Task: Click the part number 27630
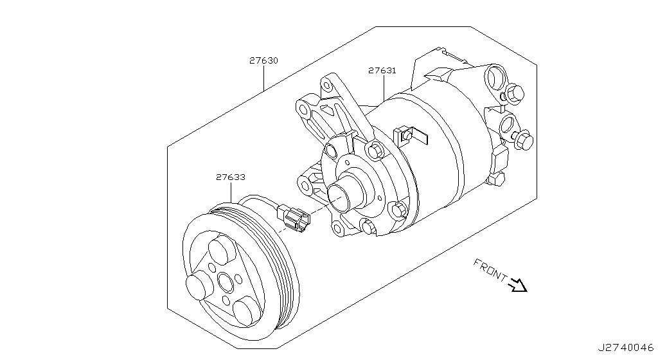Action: point(263,60)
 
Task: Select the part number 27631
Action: point(382,71)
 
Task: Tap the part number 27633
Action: point(231,177)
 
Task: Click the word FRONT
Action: point(490,270)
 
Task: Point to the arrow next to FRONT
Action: point(518,285)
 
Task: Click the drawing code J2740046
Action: point(626,348)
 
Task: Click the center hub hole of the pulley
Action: point(226,282)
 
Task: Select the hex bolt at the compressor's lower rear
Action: point(496,180)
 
